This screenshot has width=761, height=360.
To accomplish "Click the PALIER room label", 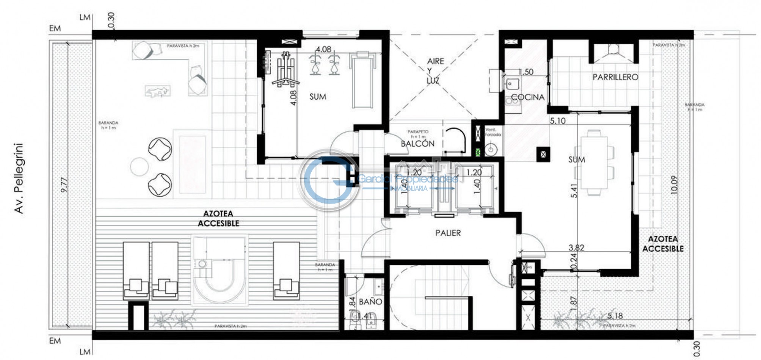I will point(448,233).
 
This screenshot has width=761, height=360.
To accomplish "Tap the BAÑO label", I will point(370,302).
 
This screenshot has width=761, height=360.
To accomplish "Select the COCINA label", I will point(527,97).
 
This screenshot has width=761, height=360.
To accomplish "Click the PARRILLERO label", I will point(615,77).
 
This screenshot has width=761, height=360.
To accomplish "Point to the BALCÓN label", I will point(417,143).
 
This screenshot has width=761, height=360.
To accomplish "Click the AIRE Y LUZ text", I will point(435,71).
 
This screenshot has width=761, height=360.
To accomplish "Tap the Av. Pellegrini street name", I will point(19,178).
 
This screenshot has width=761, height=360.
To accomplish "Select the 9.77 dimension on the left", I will point(64,185).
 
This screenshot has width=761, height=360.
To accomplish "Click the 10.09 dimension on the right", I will point(673,185).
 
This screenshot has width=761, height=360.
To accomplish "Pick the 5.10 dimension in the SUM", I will point(557,121).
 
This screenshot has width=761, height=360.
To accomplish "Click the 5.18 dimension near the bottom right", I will point(615,315).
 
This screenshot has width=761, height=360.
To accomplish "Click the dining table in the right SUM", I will point(594,163).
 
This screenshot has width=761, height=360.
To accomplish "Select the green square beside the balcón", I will point(477,152).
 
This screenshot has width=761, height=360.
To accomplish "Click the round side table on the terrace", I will point(139,167).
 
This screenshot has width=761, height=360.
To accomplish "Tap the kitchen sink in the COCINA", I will point(513,83).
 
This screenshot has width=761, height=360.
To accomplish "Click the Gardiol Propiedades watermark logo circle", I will point(329,180).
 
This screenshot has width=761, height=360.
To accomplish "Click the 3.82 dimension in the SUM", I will point(576,247).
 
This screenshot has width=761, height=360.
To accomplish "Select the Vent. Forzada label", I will point(493,132).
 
